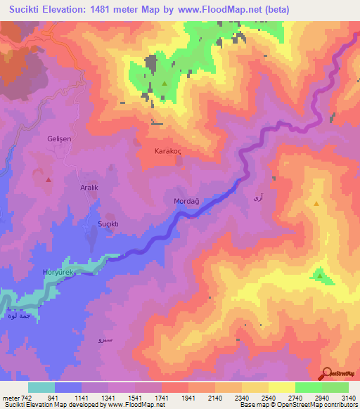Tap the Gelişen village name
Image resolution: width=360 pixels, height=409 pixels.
coord(60,139)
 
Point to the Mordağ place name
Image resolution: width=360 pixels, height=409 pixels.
coord(186,202)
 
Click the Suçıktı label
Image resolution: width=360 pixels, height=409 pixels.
coord(109,224)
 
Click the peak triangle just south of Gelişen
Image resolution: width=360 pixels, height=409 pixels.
coord(49,179)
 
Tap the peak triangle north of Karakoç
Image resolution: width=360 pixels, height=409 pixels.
coord(165,84)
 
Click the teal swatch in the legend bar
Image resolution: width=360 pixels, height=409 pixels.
coord(41,387)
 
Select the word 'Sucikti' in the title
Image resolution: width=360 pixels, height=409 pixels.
coord(29,9)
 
